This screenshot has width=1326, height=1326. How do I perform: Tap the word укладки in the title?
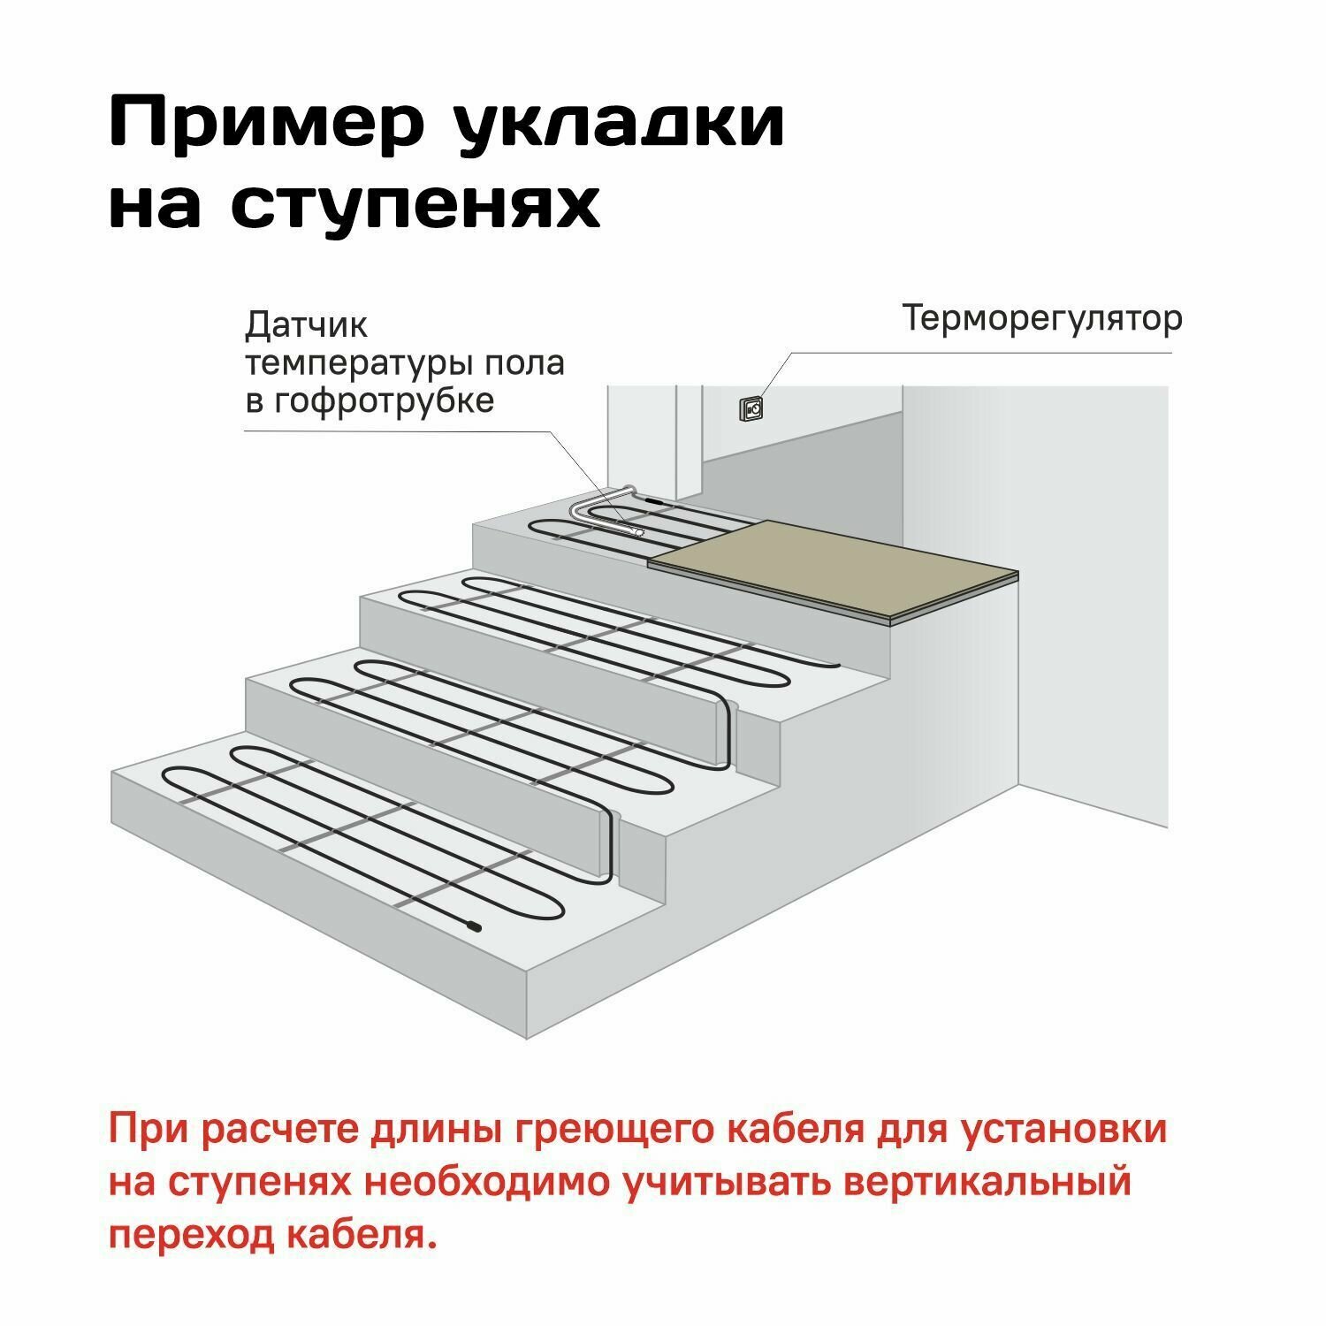(x=620, y=123)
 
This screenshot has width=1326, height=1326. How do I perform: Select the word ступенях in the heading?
(x=415, y=205)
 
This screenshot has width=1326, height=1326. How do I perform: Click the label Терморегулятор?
(x=1041, y=318)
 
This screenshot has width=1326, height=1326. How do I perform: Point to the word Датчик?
(x=306, y=326)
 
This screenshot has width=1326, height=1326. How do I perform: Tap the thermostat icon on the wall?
(x=753, y=408)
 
